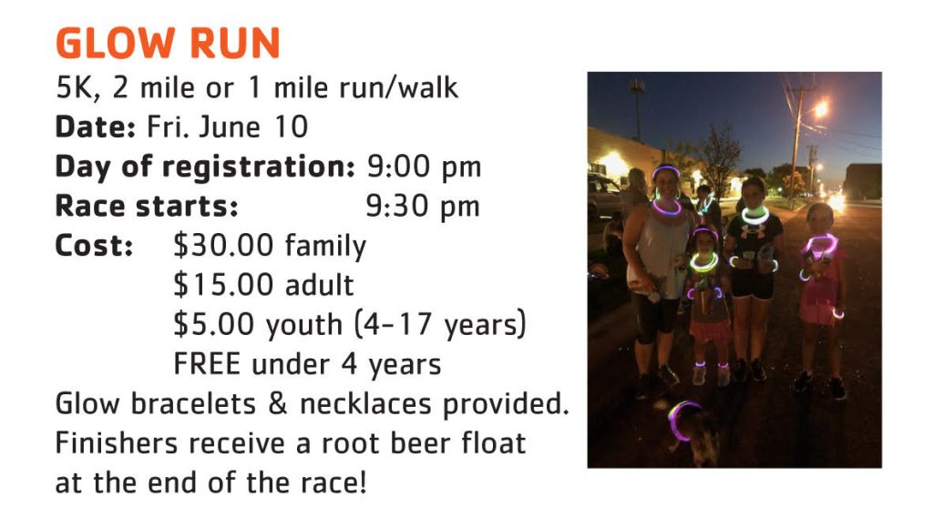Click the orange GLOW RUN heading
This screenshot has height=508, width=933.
pyautogui.click(x=168, y=43)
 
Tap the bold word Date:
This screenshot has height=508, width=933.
pyautogui.click(x=95, y=127)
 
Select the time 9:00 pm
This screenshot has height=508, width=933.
pyautogui.click(x=424, y=167)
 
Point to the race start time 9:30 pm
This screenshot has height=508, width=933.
pyautogui.click(x=423, y=207)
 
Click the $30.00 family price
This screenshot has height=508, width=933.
pyautogui.click(x=270, y=246)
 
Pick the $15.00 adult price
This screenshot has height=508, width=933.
pyautogui.click(x=263, y=285)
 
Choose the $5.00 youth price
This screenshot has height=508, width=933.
pyautogui.click(x=258, y=325)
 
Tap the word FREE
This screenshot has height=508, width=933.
pyautogui.click(x=207, y=364)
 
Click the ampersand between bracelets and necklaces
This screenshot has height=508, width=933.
pyautogui.click(x=277, y=404)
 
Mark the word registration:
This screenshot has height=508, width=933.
pyautogui.click(x=259, y=168)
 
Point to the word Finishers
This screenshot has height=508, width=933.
pyautogui.click(x=116, y=443)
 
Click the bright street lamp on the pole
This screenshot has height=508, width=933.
pyautogui.click(x=821, y=108)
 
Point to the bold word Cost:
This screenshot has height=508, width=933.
pyautogui.click(x=94, y=246)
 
